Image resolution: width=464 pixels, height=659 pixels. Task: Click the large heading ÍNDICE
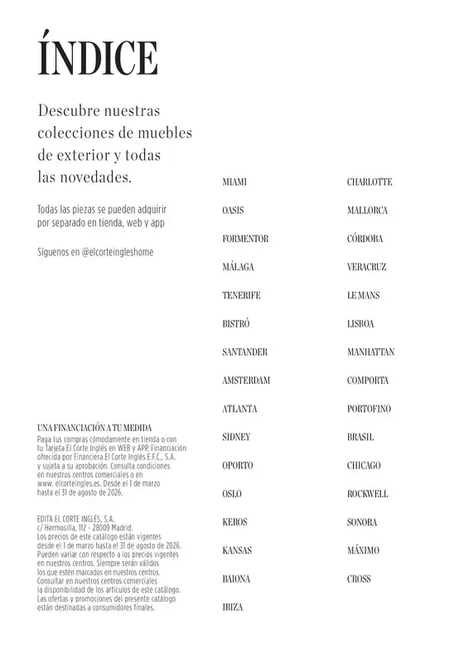click(x=98, y=58)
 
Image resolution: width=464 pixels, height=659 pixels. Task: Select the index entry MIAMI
click(x=234, y=182)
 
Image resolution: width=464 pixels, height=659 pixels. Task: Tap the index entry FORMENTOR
click(x=245, y=239)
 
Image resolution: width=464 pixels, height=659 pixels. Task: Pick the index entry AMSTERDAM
click(x=246, y=380)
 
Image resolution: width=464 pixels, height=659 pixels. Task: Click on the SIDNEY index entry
click(x=236, y=437)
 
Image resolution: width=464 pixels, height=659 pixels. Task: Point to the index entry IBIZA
click(x=233, y=608)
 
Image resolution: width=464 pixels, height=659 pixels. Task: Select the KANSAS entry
click(x=237, y=550)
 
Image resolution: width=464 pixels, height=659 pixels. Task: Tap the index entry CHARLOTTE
click(x=370, y=182)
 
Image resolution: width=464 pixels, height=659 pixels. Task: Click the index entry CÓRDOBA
click(x=365, y=239)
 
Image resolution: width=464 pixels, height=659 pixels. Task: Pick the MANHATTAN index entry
click(x=370, y=352)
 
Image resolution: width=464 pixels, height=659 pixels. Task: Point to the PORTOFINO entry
click(x=369, y=409)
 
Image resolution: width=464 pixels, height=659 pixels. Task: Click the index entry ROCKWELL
click(x=367, y=494)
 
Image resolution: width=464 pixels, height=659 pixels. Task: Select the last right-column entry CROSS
click(x=359, y=579)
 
